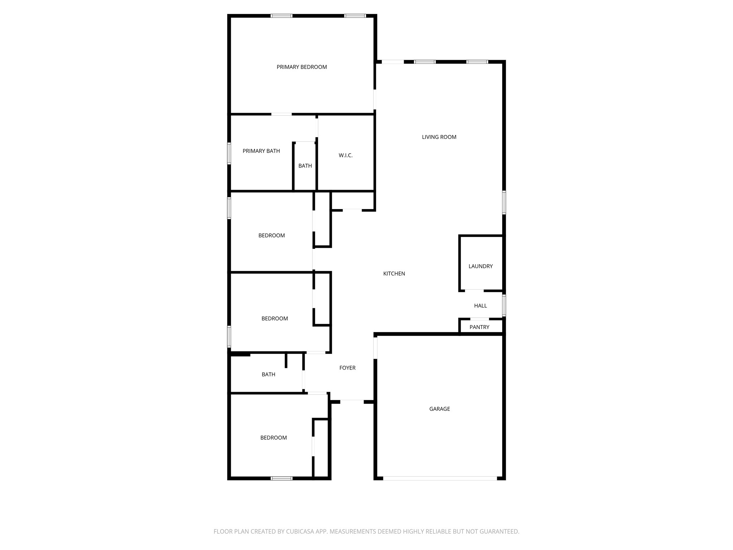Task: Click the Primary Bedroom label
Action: coord(301,67)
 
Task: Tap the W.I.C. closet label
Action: coord(345,155)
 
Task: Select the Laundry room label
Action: coord(480,266)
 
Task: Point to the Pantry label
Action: coord(479,327)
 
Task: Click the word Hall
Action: coord(480,305)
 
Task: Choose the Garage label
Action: coord(440,409)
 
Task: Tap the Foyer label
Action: coord(347,368)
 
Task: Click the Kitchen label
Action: coord(394,274)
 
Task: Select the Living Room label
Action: coord(439,137)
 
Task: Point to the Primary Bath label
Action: coord(261,151)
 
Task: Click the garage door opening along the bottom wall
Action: coord(440,478)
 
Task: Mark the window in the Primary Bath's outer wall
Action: coord(229,154)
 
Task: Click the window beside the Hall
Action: coord(504,305)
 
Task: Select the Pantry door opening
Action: coord(479,319)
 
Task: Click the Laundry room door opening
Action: coord(474,290)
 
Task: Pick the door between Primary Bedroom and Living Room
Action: coord(375,99)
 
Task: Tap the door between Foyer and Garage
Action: coord(375,348)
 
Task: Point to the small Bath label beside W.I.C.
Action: coord(305,166)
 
